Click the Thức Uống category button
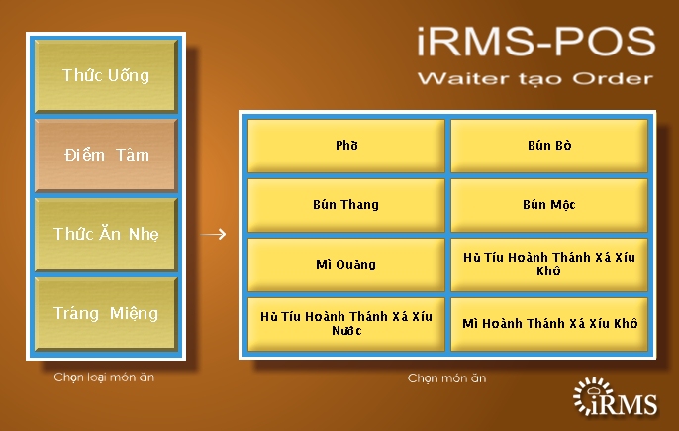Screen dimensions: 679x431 (x=106, y=76)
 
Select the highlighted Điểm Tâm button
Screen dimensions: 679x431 (x=106, y=155)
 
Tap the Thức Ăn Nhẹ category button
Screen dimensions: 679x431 (x=106, y=234)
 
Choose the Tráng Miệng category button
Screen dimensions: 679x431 (x=106, y=313)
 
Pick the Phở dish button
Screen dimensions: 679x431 (x=346, y=146)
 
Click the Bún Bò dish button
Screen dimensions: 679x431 (x=549, y=146)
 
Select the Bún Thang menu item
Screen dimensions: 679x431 (x=346, y=205)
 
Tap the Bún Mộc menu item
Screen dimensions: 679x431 (x=549, y=205)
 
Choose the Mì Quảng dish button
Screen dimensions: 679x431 (x=346, y=265)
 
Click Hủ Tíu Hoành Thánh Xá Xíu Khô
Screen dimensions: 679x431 (x=549, y=265)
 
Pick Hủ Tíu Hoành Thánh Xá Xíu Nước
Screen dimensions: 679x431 (x=346, y=324)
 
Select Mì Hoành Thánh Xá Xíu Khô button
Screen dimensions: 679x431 (x=549, y=324)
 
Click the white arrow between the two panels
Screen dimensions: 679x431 (x=213, y=234)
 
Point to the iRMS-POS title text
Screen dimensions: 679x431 (x=536, y=42)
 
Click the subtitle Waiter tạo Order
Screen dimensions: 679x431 (x=535, y=79)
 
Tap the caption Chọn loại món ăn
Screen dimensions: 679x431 (x=104, y=377)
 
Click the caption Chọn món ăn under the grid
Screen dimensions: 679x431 (x=447, y=378)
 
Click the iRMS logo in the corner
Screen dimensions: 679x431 (x=615, y=396)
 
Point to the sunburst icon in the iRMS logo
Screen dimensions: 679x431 (x=592, y=394)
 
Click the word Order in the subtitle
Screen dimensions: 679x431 (x=614, y=79)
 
